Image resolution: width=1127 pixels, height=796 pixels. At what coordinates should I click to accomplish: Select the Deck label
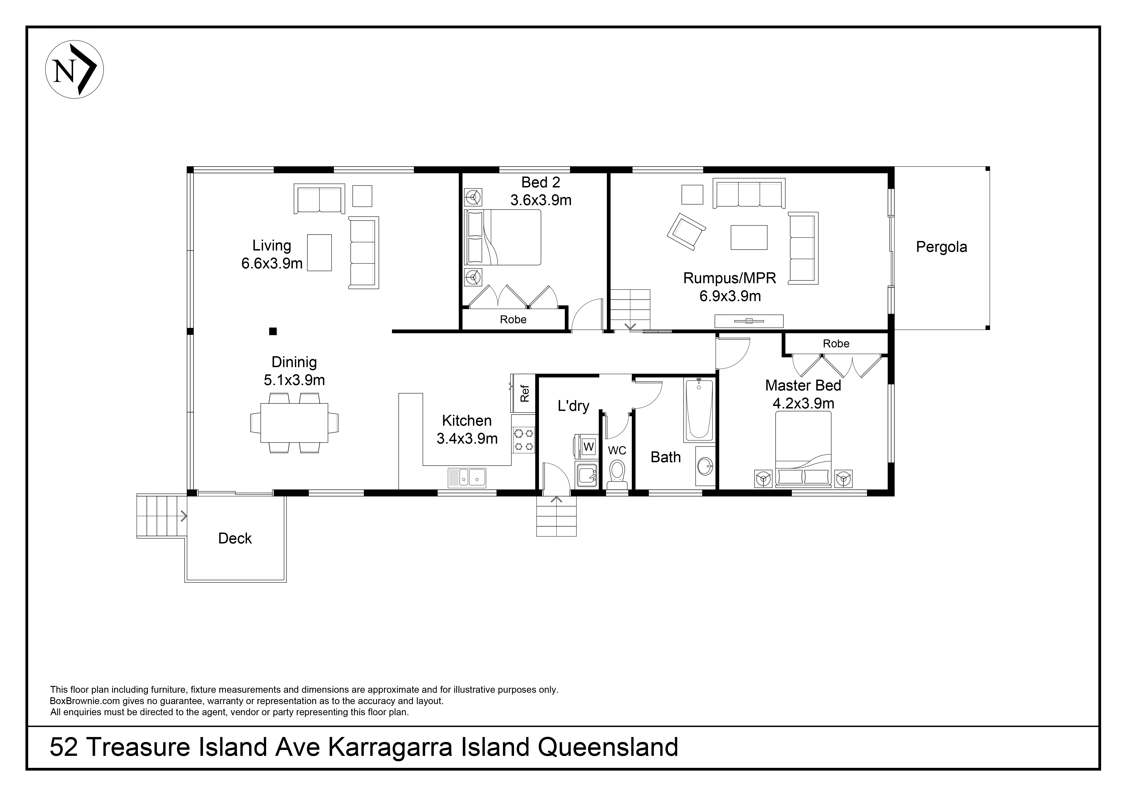pos(235,538)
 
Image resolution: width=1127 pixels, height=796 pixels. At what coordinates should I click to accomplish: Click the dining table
pos(294,423)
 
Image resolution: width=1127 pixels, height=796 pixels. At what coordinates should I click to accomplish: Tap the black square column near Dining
pos(273,332)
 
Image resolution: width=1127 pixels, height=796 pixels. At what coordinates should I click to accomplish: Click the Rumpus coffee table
pos(749,237)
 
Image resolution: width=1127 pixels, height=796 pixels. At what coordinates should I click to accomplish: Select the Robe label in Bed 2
pos(513,320)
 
